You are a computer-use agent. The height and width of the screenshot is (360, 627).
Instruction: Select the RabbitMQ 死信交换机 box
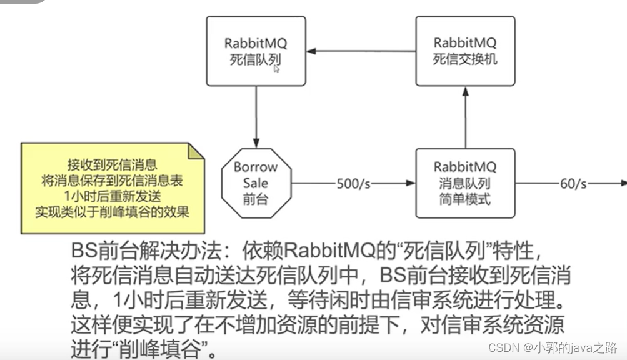(464, 51)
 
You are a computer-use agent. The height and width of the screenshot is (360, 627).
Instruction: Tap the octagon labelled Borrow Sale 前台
(256, 183)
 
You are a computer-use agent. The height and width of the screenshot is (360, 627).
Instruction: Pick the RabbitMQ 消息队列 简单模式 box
(464, 182)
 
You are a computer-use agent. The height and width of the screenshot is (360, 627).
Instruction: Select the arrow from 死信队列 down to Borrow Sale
(256, 116)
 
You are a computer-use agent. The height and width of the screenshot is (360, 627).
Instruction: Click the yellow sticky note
(113, 188)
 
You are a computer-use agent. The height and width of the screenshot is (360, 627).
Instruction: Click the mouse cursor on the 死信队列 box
(276, 69)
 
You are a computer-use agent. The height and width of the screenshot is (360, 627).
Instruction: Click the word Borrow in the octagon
(255, 167)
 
